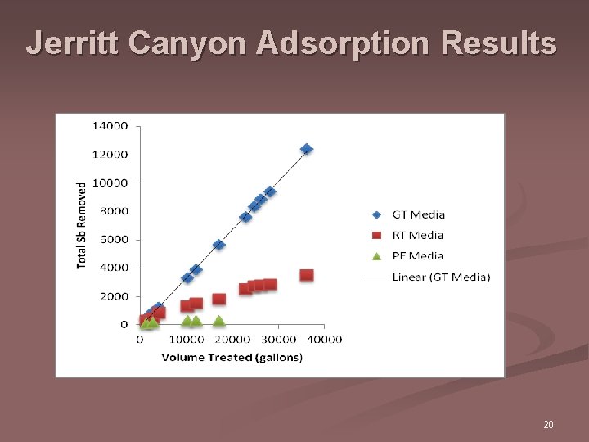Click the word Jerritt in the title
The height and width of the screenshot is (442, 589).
74,43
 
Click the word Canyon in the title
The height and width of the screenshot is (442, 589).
189,43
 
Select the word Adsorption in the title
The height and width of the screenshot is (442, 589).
344,43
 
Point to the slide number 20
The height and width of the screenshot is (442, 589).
548,425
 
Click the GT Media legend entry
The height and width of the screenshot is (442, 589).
418,214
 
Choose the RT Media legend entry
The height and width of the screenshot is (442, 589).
418,235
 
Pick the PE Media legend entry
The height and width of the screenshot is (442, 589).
418,256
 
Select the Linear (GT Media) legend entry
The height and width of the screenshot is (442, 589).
441,277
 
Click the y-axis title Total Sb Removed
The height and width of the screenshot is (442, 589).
82,225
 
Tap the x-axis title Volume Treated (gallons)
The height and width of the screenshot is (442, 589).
232,357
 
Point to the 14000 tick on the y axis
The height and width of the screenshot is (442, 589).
109,126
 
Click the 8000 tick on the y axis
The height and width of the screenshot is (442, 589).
112,211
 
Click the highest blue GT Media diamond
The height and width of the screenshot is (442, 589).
307,149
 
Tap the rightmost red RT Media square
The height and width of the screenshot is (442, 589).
307,275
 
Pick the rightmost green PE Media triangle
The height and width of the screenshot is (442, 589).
219,321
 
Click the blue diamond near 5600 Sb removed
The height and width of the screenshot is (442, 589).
218,245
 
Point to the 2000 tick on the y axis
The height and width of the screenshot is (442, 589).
112,296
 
